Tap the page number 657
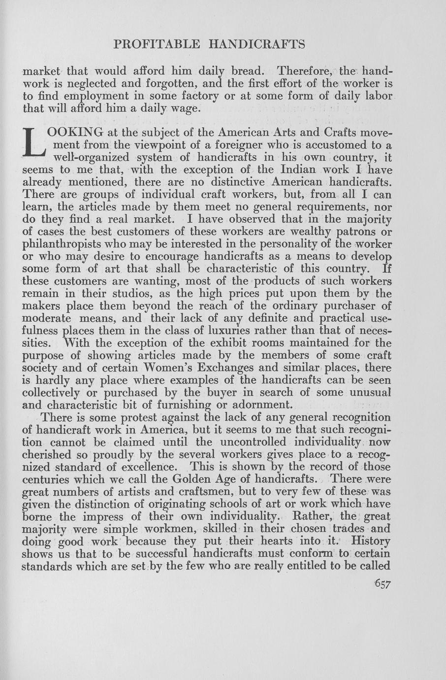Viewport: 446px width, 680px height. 382,584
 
